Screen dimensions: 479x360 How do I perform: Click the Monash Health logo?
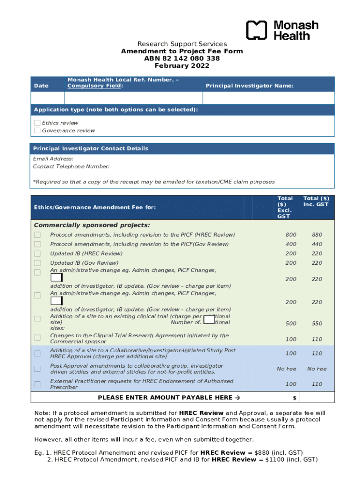coord(282,30)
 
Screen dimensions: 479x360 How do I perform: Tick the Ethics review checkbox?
coord(37,123)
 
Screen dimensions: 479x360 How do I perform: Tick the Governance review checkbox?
coord(37,131)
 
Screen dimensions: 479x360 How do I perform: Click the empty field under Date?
coord(47,98)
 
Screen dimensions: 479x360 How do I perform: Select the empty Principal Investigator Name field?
coord(268,98)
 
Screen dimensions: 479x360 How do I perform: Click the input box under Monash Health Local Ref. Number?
coord(133,98)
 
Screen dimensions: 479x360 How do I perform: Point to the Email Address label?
coord(53,159)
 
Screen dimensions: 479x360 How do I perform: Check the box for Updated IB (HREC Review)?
coord(37,254)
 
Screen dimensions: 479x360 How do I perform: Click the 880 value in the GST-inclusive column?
coord(317,235)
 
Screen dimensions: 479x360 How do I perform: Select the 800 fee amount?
coord(291,235)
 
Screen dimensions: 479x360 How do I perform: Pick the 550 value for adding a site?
coord(317,323)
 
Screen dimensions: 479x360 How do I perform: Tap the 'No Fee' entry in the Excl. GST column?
coord(287,369)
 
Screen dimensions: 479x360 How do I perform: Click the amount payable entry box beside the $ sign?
coord(317,397)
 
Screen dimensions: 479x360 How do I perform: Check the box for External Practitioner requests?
coord(37,384)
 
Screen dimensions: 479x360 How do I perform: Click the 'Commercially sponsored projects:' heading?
coord(92,225)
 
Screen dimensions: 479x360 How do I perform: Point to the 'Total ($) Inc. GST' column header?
coord(316,202)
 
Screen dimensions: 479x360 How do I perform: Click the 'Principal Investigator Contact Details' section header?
coord(91,148)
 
